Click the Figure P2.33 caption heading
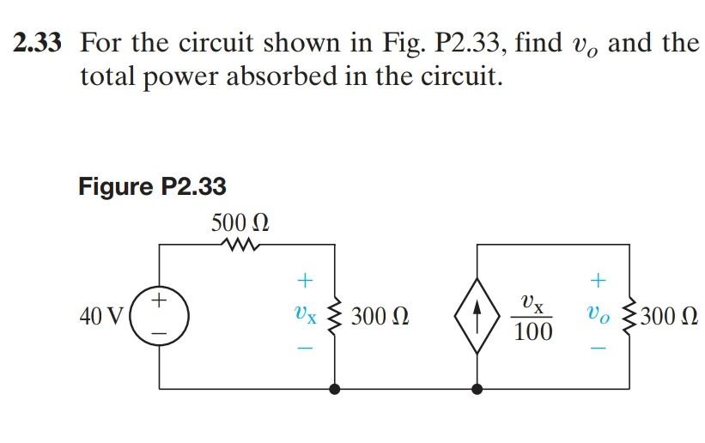[x=152, y=185]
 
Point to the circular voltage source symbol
[x=159, y=316]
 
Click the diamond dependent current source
[x=477, y=316]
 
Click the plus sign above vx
[x=302, y=280]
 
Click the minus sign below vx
[x=302, y=349]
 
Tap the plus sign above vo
[x=599, y=280]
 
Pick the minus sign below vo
[x=599, y=349]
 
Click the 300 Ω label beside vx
[x=379, y=316]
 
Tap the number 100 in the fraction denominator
[x=532, y=331]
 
